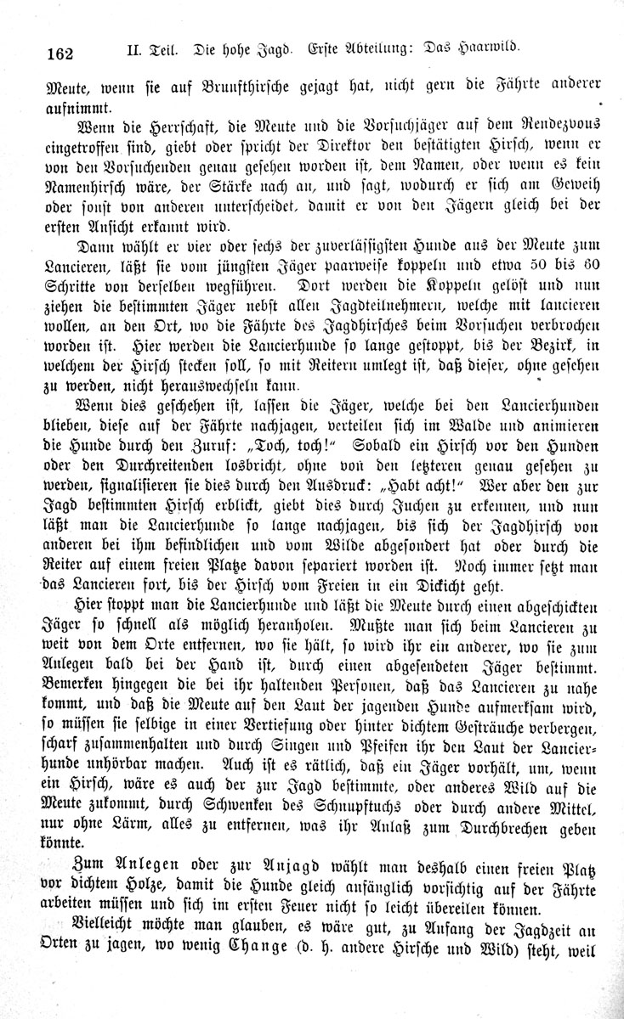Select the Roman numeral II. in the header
(135, 50)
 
